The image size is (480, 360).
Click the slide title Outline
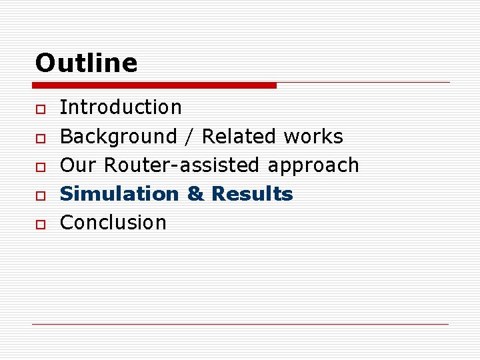[86, 63]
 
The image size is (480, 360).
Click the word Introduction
[121, 107]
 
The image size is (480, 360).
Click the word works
[313, 137]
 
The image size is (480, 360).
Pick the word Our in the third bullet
[79, 165]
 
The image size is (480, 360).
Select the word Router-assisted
[182, 165]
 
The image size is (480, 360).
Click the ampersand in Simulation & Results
[195, 194]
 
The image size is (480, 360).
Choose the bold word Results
[252, 194]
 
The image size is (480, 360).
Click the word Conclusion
[113, 223]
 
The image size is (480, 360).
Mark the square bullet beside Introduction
[40, 109]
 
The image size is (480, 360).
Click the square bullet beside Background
[40, 137]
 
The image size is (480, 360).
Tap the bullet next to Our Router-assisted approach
[40, 167]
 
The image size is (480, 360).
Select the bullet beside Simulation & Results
[40, 195]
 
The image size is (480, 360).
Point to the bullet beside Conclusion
[40, 224]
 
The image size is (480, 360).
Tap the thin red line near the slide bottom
[240, 324]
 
